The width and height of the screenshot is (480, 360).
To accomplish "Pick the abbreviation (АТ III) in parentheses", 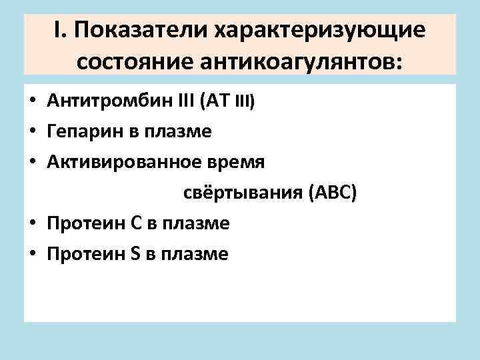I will [230, 101].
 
